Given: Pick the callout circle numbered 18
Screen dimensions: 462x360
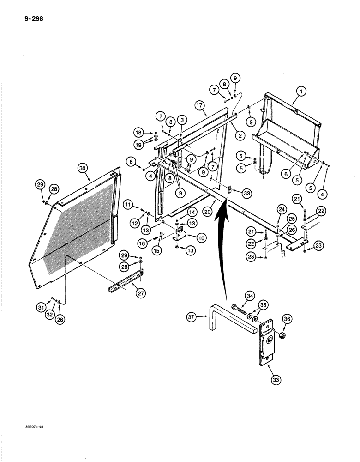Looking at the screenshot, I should (139, 131).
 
